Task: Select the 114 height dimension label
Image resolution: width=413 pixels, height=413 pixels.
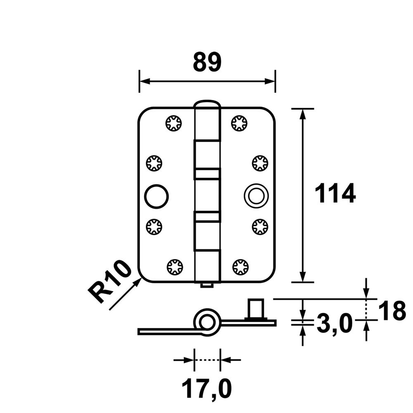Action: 335,194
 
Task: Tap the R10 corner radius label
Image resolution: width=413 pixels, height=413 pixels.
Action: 110,282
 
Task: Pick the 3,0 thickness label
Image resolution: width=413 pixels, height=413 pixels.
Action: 334,323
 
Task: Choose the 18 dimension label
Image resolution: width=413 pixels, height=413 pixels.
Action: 392,311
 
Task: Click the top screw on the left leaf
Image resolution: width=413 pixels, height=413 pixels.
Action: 174,123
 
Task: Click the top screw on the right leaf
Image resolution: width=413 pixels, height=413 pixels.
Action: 240,123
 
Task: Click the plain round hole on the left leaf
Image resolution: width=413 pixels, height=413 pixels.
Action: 157,195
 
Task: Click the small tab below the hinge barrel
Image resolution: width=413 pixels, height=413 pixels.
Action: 207,285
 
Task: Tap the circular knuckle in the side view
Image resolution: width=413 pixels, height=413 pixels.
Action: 206,321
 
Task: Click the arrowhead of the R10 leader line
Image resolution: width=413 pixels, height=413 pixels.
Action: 138,281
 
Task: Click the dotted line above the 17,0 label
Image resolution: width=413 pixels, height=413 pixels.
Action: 207,360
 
